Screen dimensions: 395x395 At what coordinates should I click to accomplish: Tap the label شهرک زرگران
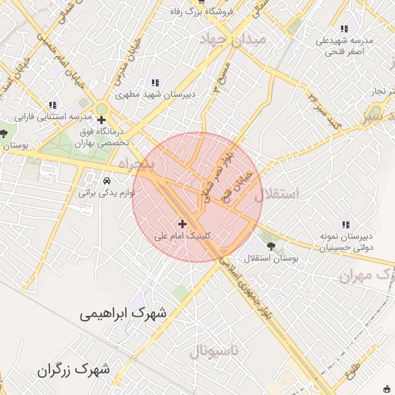(73, 370)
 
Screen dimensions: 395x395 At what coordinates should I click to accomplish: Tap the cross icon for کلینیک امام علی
(182, 223)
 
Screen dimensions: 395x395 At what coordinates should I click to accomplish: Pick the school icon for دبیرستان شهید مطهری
(156, 83)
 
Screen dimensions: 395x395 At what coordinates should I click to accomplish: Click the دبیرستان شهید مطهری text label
(156, 95)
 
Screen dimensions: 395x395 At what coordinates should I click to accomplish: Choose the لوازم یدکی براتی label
(106, 194)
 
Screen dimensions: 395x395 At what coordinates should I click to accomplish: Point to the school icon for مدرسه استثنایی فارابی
(53, 104)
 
